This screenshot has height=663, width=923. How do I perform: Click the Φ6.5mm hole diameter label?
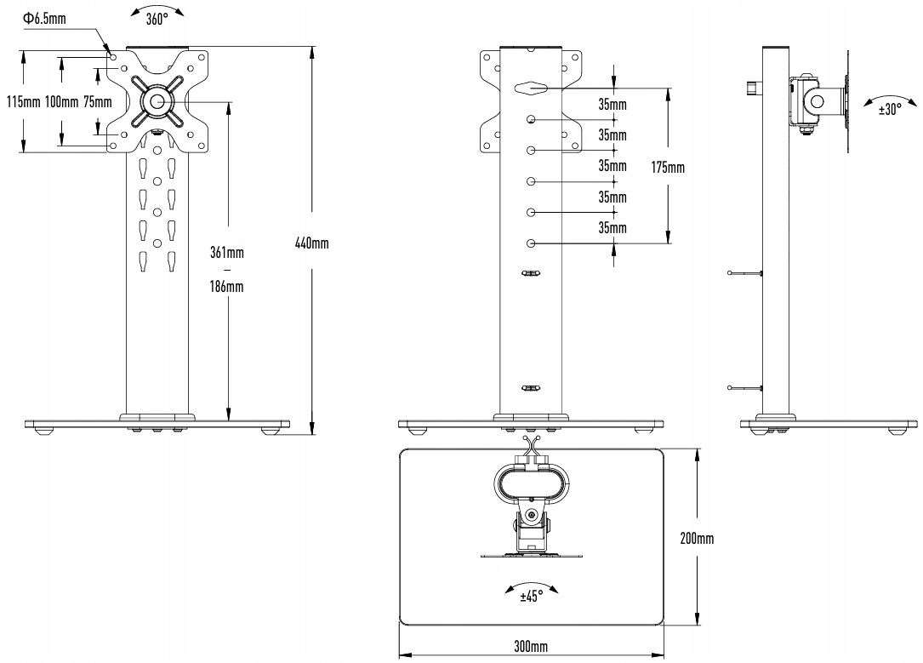tap(44, 18)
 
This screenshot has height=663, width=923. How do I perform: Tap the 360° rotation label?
tap(157, 20)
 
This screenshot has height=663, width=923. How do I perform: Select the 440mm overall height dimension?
tap(311, 243)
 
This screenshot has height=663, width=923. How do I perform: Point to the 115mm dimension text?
tap(24, 102)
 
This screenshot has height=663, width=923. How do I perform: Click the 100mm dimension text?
tap(61, 102)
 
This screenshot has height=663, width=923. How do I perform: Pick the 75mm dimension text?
tap(97, 102)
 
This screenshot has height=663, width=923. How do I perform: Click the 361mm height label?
tap(226, 253)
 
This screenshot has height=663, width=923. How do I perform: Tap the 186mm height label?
tap(226, 287)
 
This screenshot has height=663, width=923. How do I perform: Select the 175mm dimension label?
tap(668, 168)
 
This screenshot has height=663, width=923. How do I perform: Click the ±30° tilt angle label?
tap(890, 110)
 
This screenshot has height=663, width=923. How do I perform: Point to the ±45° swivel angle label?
tap(531, 596)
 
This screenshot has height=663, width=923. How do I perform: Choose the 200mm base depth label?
tap(697, 538)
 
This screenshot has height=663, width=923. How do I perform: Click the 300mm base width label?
tap(531, 647)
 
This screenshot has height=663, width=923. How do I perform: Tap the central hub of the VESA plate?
tap(157, 102)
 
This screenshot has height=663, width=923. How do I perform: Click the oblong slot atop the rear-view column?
tap(531, 89)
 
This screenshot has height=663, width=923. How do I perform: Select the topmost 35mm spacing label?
tap(612, 105)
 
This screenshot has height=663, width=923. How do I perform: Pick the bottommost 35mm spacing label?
tap(612, 227)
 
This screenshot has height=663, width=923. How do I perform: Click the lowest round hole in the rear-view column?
tap(531, 243)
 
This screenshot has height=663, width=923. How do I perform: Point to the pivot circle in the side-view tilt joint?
tap(817, 102)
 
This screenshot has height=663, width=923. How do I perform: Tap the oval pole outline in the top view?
tap(531, 466)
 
